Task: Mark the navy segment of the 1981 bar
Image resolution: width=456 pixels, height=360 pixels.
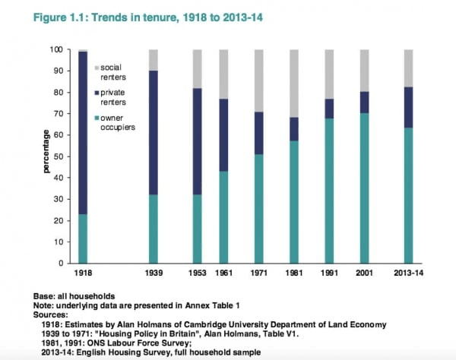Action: [293, 128]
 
